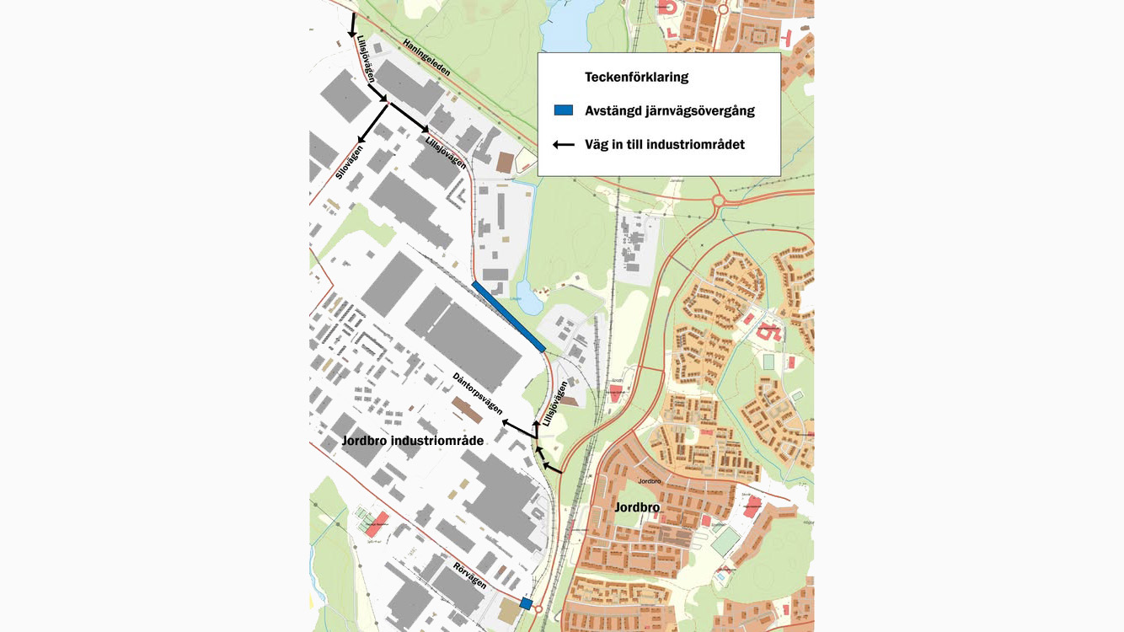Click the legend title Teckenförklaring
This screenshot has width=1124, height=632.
(636, 77)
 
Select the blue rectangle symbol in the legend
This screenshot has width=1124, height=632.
(563, 110)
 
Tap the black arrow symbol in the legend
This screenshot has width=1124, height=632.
(563, 145)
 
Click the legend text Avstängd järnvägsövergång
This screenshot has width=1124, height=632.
(669, 110)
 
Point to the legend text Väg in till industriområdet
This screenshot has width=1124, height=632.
(665, 145)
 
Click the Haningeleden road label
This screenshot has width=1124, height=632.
(426, 58)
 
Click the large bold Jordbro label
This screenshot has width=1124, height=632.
(637, 507)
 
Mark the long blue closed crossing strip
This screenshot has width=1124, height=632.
(509, 316)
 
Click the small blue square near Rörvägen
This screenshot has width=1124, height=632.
(526, 603)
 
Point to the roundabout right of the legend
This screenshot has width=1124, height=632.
(719, 201)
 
